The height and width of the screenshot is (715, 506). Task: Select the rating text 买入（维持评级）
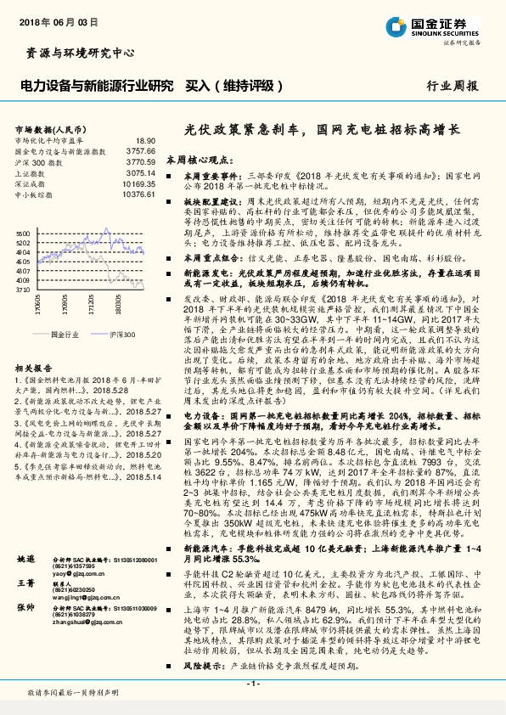(228, 86)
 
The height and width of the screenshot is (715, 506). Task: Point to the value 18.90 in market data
(145, 140)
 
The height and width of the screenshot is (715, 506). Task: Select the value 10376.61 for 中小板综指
(139, 194)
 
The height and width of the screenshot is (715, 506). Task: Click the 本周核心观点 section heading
(199, 159)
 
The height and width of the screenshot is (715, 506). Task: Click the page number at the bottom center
(253, 683)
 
